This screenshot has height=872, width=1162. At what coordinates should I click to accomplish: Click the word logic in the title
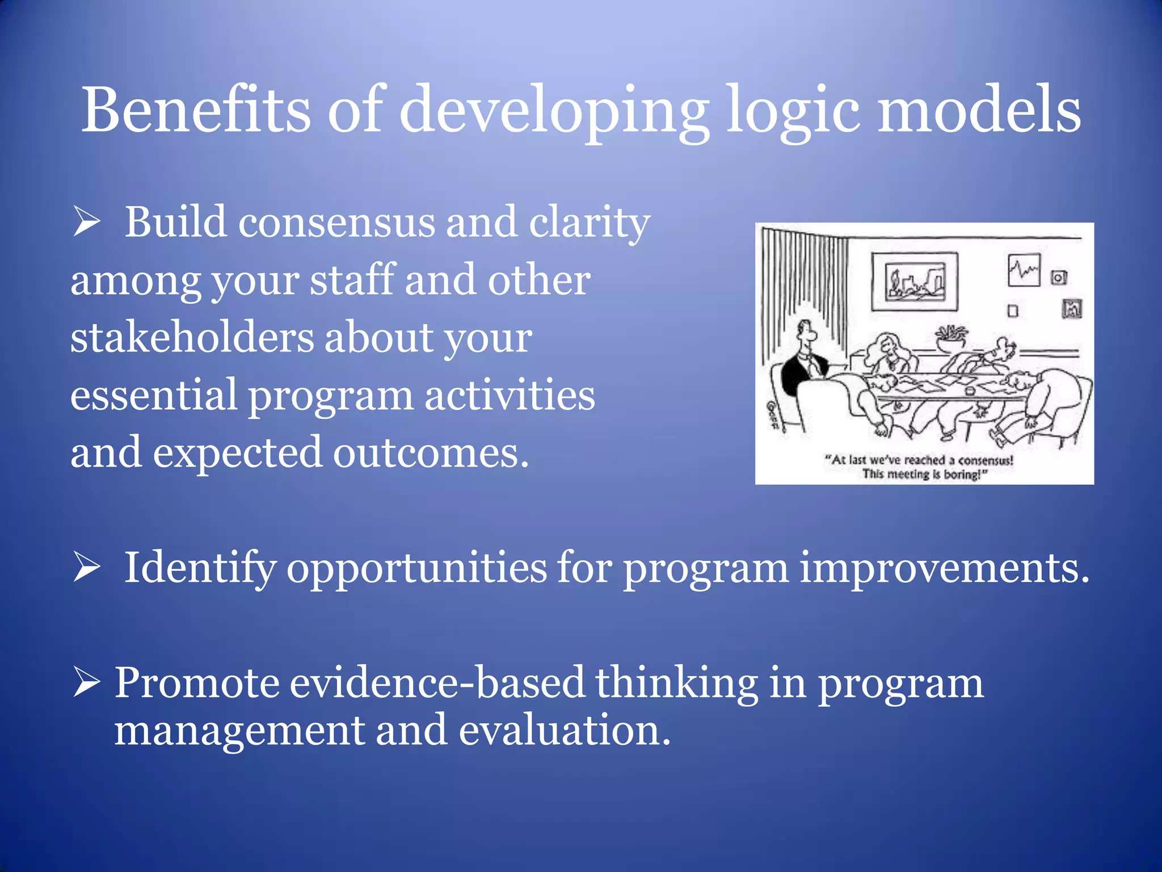793,111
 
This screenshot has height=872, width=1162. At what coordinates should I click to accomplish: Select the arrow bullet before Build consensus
86,222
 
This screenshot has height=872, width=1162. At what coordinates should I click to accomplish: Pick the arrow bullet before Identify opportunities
86,568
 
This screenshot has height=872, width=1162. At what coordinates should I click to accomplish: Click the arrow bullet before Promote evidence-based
86,683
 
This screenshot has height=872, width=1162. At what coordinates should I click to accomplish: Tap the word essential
154,395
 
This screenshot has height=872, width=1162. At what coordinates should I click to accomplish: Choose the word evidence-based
437,683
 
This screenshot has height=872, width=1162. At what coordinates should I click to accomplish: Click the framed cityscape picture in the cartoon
915,282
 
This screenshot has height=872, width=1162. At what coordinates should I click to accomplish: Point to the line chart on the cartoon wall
1024,270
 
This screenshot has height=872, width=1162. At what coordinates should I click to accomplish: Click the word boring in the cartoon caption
962,475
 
